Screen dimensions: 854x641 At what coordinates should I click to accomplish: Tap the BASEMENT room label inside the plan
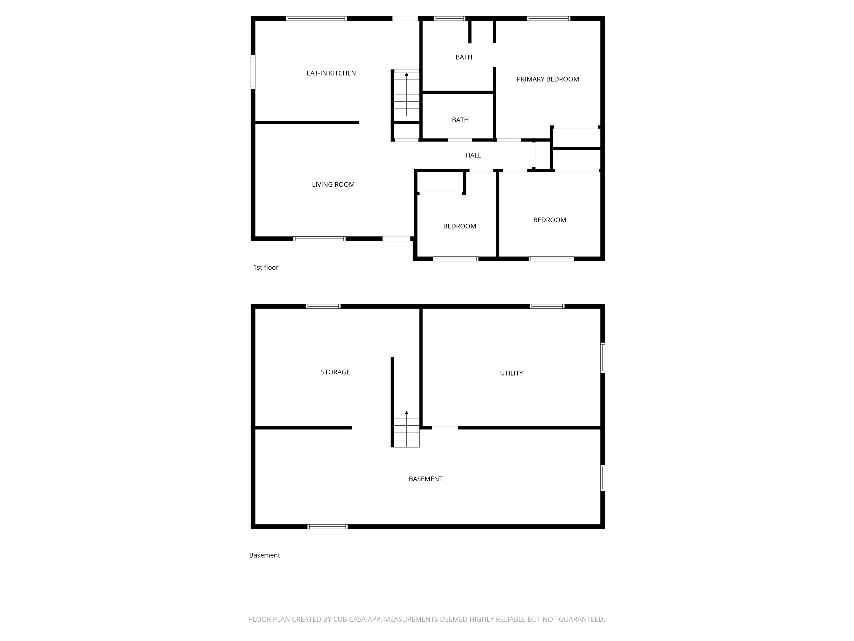[425, 479]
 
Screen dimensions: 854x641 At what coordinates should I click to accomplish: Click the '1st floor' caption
[265, 267]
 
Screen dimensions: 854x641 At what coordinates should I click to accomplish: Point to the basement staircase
[406, 429]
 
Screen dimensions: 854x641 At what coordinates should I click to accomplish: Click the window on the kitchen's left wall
[253, 72]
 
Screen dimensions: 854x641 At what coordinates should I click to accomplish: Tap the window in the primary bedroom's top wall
[548, 18]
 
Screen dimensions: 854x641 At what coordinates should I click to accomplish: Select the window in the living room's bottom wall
[319, 239]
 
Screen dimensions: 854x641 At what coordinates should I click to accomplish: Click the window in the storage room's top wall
[323, 306]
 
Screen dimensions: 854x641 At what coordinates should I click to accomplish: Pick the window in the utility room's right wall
[602, 358]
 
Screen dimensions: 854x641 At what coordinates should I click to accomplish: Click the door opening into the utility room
[445, 428]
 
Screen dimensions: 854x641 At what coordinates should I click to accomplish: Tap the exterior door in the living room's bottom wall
[396, 239]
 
